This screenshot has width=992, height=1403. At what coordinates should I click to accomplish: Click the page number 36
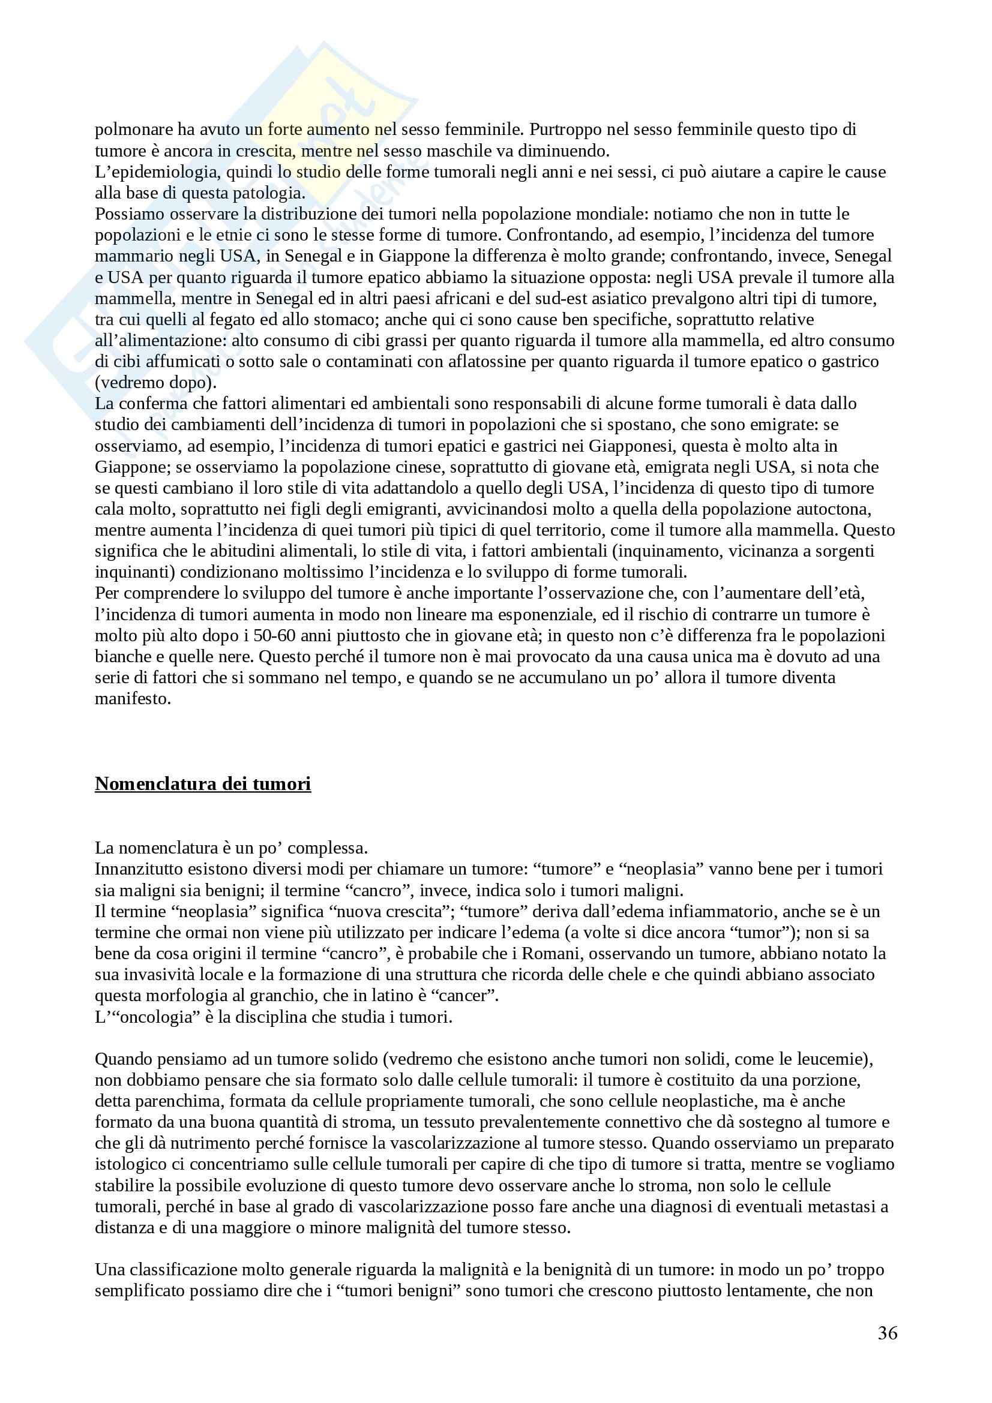[888, 1333]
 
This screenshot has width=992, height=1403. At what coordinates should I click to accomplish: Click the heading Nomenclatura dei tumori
[202, 783]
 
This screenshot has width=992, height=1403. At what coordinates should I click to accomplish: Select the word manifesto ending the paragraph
[133, 699]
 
